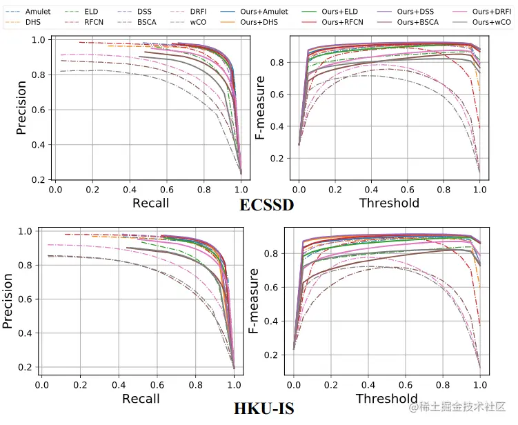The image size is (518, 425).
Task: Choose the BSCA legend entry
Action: click(146, 23)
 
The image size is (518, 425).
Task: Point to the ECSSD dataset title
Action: click(266, 206)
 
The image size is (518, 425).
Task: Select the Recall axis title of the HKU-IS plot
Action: click(141, 399)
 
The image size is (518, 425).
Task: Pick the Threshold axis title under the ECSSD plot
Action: click(389, 203)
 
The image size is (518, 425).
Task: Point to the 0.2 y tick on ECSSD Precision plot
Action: click(39, 179)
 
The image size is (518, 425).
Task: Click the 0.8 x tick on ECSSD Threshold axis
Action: click(444, 189)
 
